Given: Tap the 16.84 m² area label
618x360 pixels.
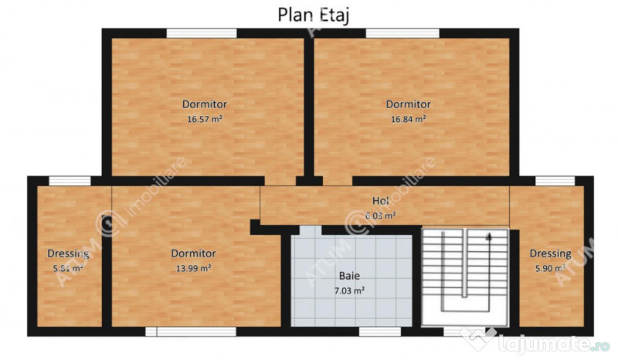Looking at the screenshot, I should [409, 120].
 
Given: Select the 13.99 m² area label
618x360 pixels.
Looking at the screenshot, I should [193, 268].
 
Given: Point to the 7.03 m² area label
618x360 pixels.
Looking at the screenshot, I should [349, 290].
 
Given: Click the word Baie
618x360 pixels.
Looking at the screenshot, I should [349, 275].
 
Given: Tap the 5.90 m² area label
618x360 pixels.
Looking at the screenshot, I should [550, 268].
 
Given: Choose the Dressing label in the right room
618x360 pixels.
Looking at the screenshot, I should [550, 253].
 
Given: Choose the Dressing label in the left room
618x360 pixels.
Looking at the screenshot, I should [68, 253].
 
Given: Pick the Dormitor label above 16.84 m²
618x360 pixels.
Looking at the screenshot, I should [409, 104].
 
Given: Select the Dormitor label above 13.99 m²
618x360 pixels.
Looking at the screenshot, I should [193, 253].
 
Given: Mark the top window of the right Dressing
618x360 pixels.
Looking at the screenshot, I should [555, 181].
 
